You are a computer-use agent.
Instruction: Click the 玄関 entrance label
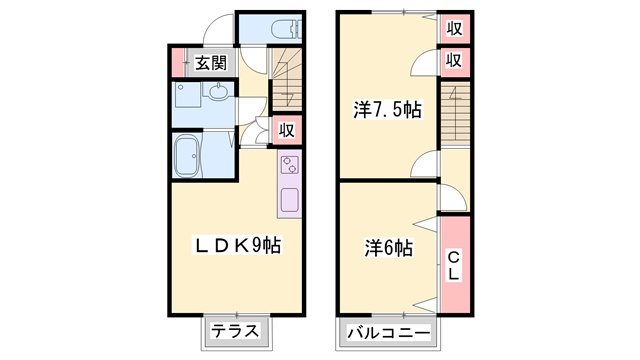pos(209,62)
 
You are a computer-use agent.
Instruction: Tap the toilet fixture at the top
pos(285,29)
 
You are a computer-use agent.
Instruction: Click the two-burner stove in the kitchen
pos(290,165)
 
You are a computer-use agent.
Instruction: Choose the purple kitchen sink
pos(289,198)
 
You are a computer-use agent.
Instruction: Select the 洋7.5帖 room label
pos(386,110)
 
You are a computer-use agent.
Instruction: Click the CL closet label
pos(453,264)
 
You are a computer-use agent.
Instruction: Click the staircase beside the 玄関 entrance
pos(286,75)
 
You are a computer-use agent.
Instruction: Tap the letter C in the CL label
pos(453,256)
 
